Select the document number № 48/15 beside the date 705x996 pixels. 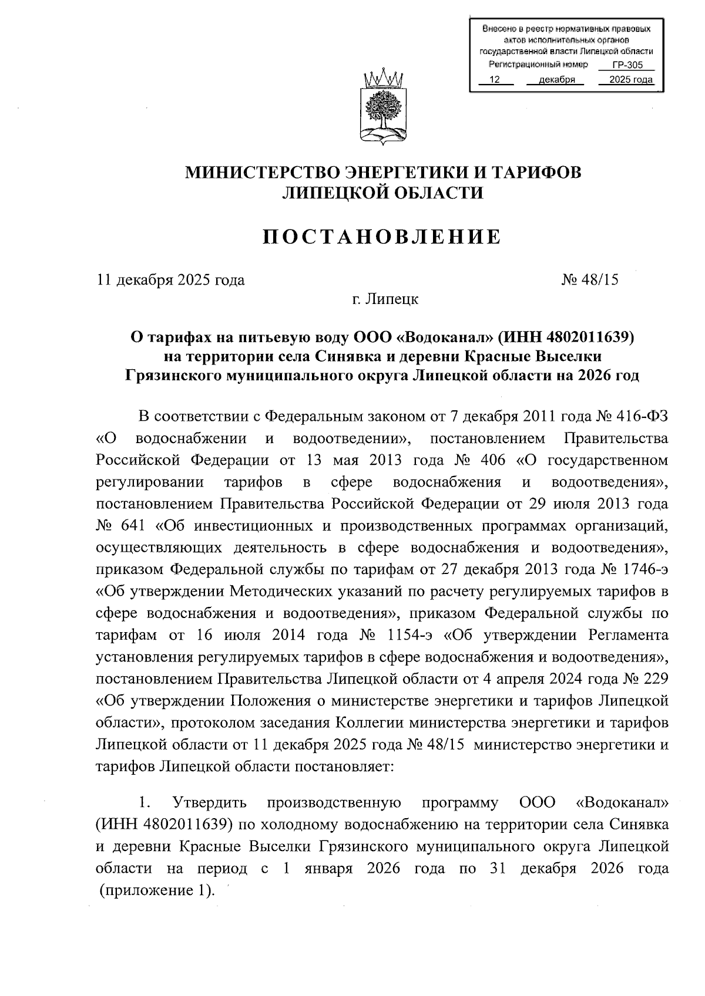click(590, 279)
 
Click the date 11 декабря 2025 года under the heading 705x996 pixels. click(170, 279)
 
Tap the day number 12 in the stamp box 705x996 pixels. click(495, 80)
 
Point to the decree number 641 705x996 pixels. click(133, 526)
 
